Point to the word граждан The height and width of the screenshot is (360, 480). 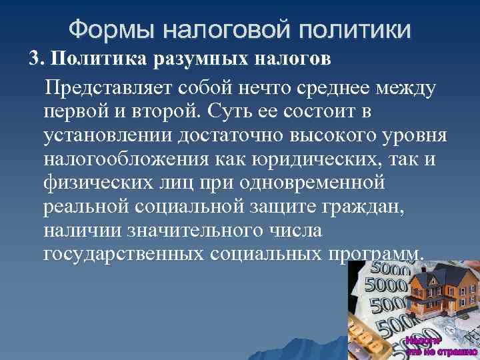[362, 206]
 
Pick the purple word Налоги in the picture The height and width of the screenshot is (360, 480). [421, 340]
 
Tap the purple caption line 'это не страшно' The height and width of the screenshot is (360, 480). [439, 351]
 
